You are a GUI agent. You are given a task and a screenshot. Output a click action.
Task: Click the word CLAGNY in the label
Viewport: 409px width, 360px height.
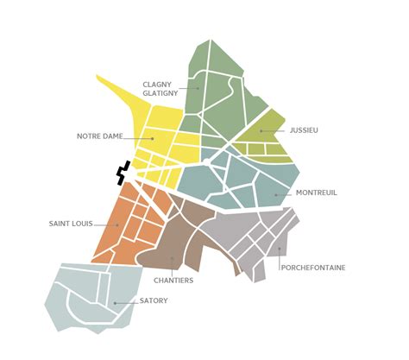(160, 84)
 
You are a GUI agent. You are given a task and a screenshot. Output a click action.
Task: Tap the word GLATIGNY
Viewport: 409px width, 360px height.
(162, 93)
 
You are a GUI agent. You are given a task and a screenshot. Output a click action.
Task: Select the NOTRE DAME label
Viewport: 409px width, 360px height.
(99, 136)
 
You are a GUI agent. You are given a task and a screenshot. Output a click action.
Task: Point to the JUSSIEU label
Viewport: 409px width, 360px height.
(305, 130)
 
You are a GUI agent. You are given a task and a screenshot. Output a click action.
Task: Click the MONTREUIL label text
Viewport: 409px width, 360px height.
(315, 193)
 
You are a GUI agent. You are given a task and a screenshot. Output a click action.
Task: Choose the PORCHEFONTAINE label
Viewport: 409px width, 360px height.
(313, 268)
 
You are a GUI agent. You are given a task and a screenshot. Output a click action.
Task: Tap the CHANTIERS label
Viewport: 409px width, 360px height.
(173, 281)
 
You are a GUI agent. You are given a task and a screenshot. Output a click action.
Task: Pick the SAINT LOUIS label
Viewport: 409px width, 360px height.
(72, 224)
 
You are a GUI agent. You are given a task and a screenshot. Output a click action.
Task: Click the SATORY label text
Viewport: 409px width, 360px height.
(154, 300)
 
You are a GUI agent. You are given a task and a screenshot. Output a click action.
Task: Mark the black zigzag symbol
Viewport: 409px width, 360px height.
(124, 172)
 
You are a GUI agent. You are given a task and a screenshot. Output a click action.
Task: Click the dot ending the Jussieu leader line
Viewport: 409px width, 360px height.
(260, 131)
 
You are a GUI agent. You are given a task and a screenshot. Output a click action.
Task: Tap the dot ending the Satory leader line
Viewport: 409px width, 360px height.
(115, 303)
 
